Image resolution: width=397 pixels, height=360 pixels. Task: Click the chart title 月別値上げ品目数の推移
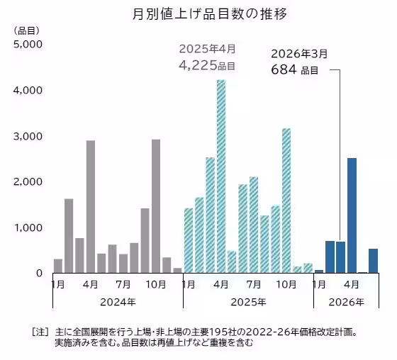pyautogui.click(x=198, y=13)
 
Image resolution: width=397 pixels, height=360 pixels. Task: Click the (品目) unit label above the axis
pyautogui.click(x=26, y=30)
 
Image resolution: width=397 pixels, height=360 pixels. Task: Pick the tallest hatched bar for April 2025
pyautogui.click(x=221, y=176)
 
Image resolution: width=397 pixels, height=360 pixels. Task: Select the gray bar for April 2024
pyautogui.click(x=91, y=206)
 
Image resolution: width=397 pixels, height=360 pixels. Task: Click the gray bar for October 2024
pyautogui.click(x=155, y=206)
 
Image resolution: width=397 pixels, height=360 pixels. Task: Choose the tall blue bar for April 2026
pyautogui.click(x=352, y=215)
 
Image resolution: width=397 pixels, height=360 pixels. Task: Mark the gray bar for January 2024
pyautogui.click(x=58, y=266)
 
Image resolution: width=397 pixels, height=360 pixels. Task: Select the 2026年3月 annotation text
pyautogui.click(x=300, y=53)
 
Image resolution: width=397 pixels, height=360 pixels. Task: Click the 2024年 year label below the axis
pyautogui.click(x=118, y=301)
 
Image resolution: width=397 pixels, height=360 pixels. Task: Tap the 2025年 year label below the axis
pyautogui.click(x=248, y=301)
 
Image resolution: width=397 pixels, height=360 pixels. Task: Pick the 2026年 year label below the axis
pyautogui.click(x=346, y=301)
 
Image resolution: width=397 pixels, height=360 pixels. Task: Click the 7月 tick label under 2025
pyautogui.click(x=253, y=285)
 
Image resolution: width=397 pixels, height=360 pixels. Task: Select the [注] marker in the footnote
pyautogui.click(x=40, y=331)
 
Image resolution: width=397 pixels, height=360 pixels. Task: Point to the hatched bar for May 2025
pyautogui.click(x=232, y=261)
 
